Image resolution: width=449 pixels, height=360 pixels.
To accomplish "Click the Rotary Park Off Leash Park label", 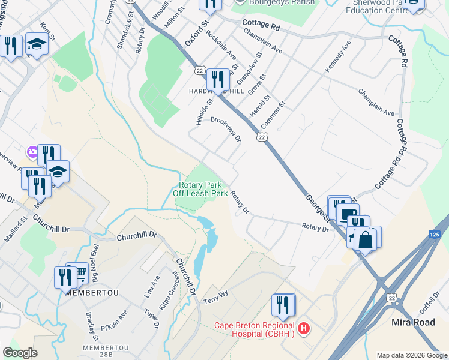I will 200,190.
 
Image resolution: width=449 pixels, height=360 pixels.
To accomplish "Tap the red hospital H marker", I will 304,328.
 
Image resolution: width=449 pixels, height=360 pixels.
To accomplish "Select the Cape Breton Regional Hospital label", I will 255,330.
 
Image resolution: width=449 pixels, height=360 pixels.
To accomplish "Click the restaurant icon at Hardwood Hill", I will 217,80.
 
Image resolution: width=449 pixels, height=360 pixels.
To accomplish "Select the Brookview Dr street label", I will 226,128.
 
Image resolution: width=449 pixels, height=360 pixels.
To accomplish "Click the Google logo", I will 20,353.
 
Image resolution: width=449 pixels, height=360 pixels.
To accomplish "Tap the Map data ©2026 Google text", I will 411,355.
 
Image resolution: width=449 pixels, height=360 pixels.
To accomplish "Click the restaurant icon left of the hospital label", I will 282,305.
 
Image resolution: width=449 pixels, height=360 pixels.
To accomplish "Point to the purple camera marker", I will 32,152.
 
